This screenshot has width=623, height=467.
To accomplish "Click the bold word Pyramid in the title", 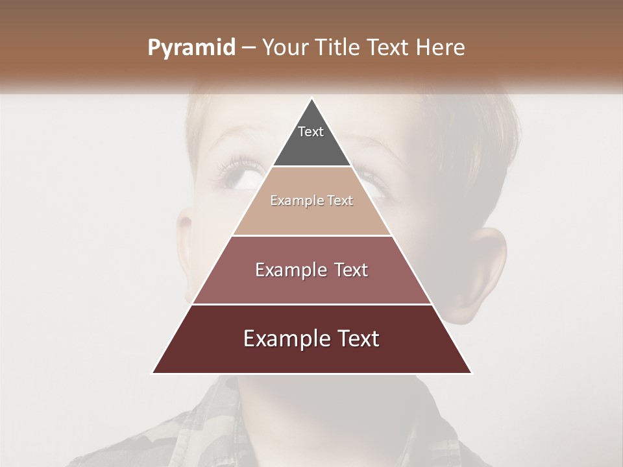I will point(191,48).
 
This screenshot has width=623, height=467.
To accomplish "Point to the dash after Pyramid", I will point(249,48).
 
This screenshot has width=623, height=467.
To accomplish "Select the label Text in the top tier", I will point(311,132).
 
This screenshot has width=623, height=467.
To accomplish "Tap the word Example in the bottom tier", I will point(286,339).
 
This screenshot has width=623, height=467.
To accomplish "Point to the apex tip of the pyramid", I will point(312,99).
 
